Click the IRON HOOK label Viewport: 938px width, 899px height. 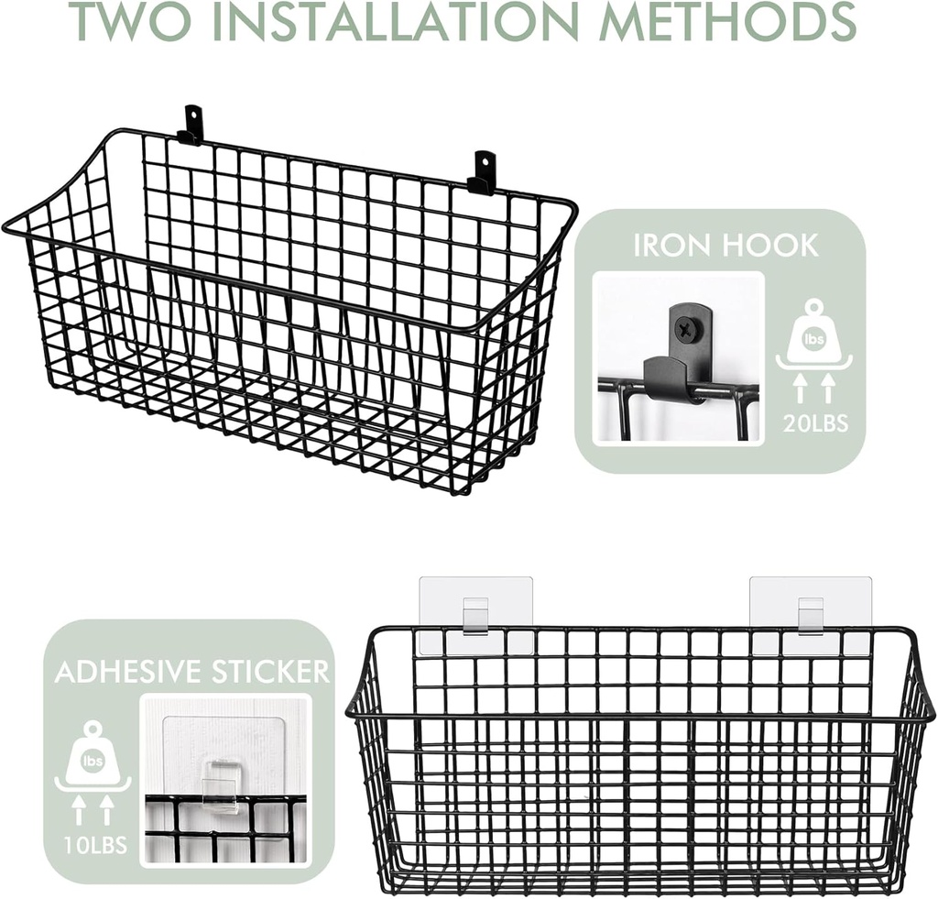(x=725, y=246)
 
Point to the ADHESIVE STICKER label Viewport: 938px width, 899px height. (x=192, y=672)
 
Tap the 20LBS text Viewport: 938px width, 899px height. (x=815, y=423)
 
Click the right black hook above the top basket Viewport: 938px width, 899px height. (x=483, y=172)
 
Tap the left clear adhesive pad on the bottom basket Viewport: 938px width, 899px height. (x=476, y=615)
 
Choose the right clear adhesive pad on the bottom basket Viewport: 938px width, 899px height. (x=806, y=615)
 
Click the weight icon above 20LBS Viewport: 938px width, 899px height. (x=814, y=336)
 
